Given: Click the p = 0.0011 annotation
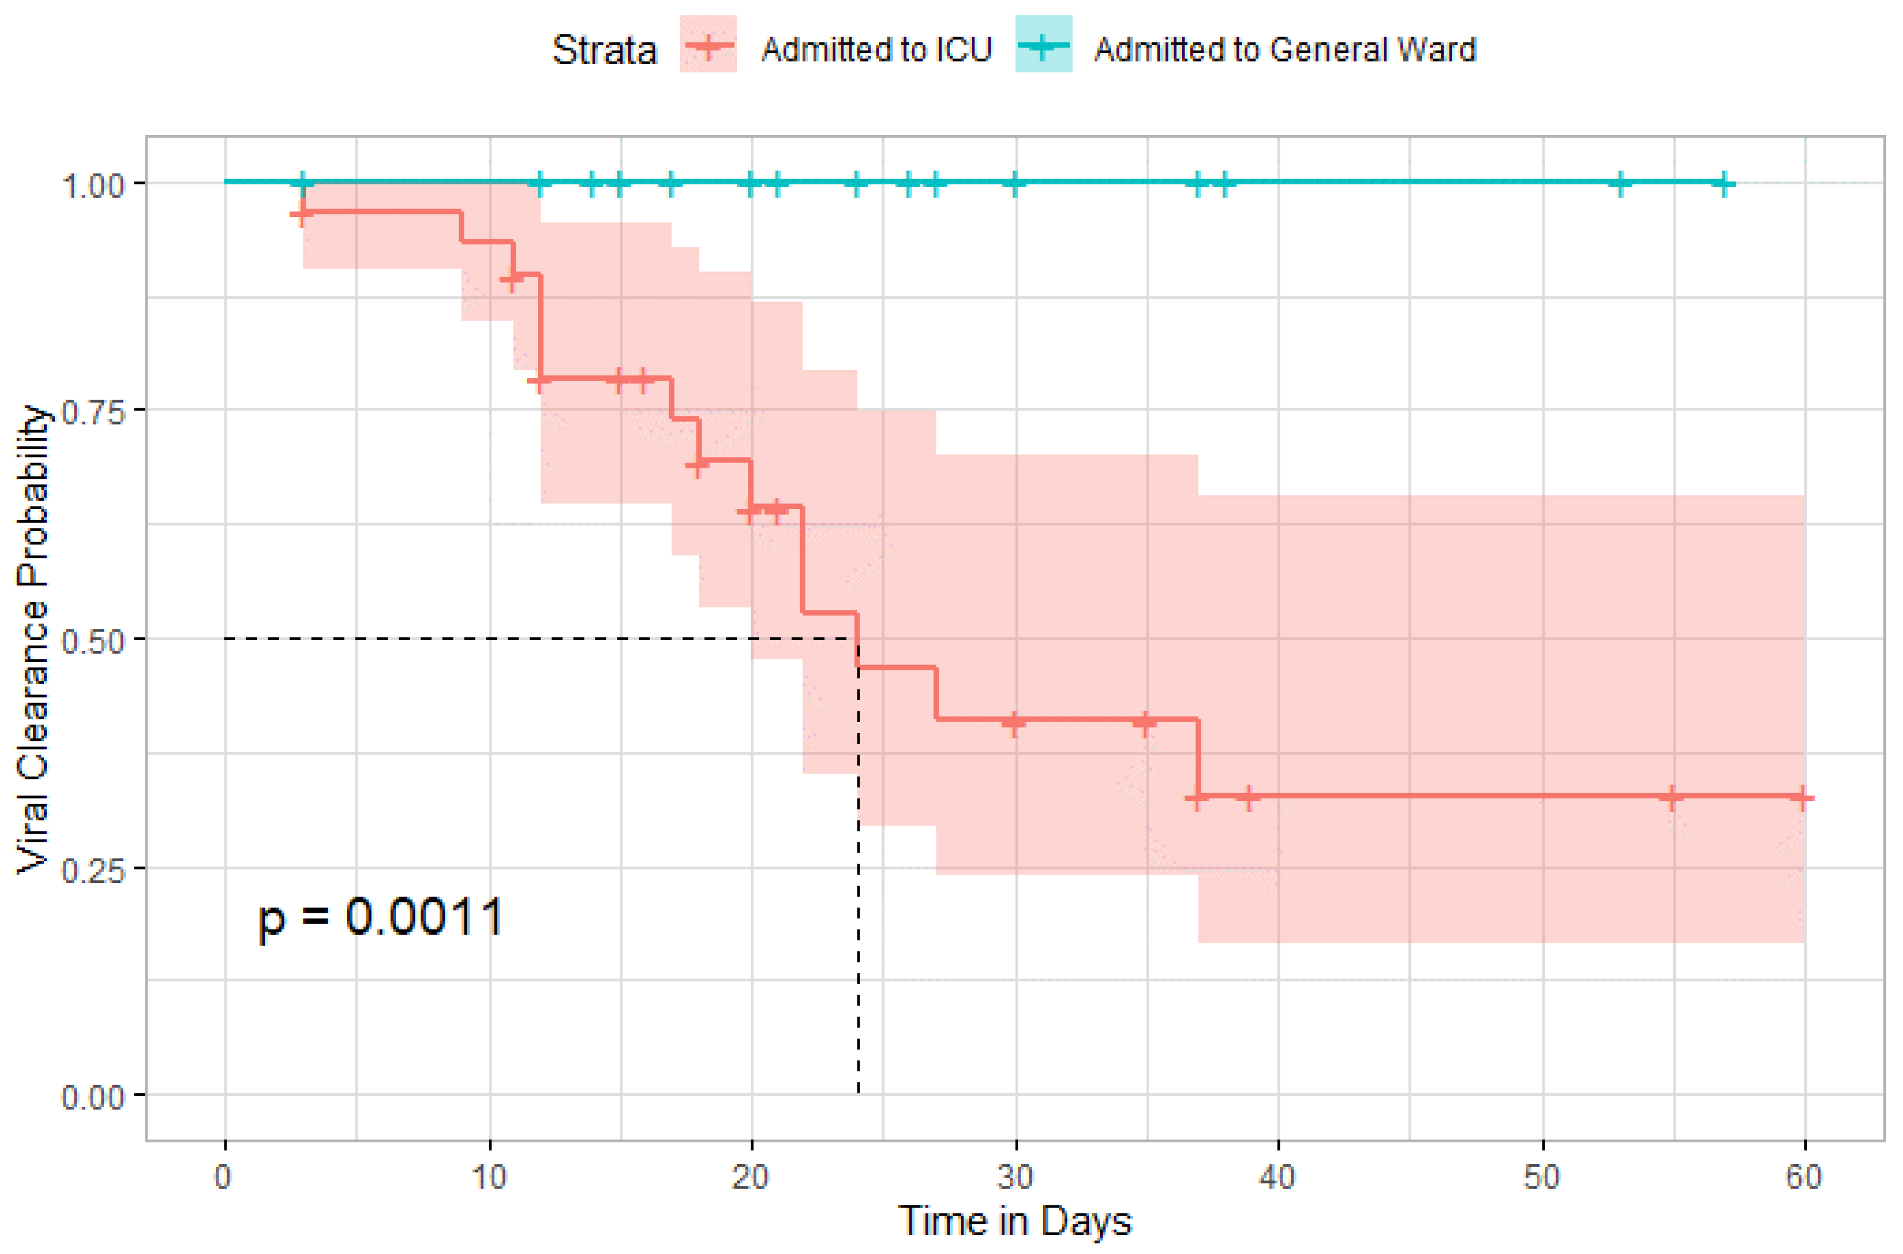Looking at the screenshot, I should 381,918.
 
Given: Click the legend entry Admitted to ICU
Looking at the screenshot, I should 876,50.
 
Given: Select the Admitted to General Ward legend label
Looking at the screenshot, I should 1284,50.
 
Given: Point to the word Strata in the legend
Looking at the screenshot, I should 604,50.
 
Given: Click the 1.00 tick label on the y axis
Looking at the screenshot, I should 93,186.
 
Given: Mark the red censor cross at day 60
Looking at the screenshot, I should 1802,797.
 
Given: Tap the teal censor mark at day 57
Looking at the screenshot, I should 1724,184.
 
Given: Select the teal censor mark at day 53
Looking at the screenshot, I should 1620,184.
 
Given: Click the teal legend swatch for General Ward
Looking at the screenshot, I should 1043,46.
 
